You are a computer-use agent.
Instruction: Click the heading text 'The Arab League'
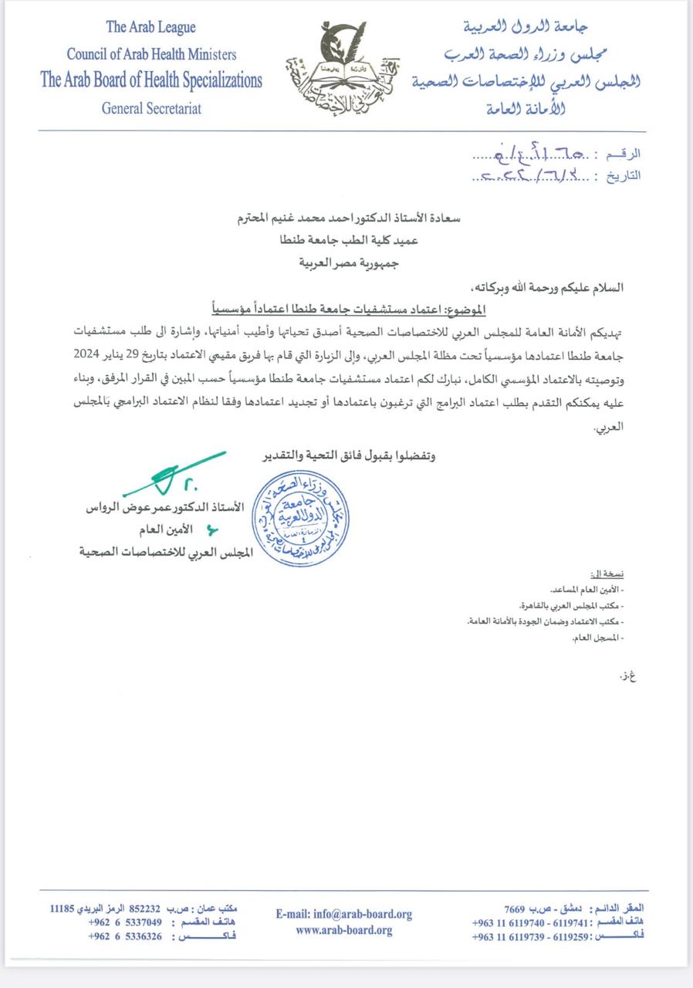coord(150,28)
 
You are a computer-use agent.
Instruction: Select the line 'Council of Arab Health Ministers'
coord(151,54)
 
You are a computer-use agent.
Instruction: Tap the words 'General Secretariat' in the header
coord(151,108)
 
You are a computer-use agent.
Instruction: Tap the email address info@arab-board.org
coord(343,914)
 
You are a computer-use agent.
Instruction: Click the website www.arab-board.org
coord(343,930)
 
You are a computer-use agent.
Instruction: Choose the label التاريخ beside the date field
coord(624,176)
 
